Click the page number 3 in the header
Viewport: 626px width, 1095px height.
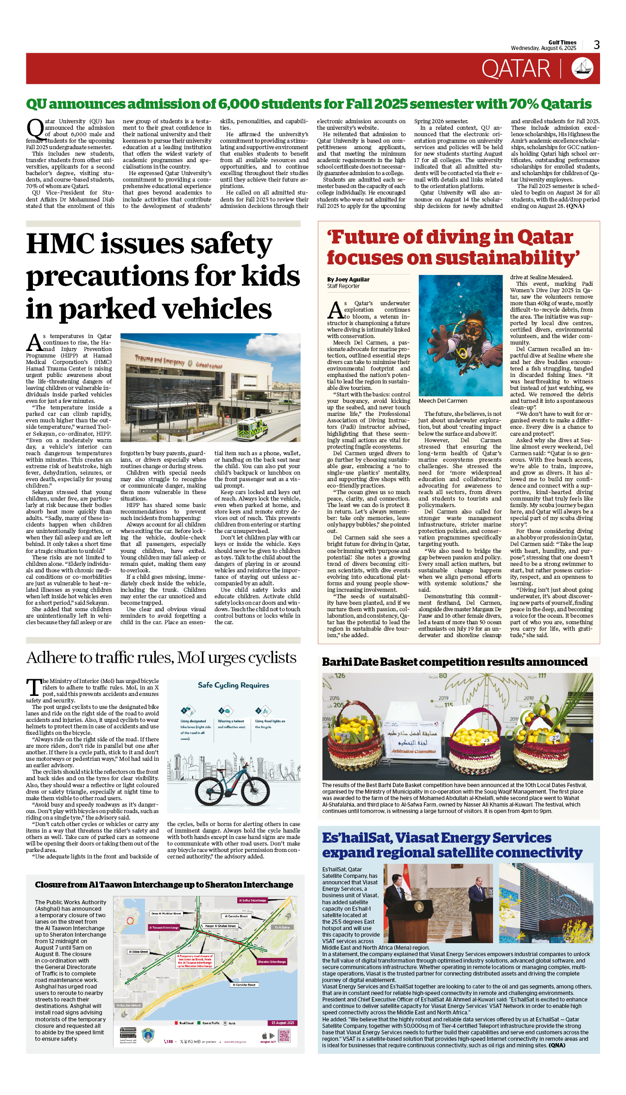tap(596, 45)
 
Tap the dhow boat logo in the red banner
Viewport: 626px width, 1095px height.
tap(582, 69)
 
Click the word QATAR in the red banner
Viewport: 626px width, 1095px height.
tap(516, 69)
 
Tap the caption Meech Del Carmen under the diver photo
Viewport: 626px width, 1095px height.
tap(443, 401)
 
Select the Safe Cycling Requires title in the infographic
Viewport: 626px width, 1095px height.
tap(234, 685)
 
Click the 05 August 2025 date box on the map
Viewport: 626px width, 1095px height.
tap(283, 1023)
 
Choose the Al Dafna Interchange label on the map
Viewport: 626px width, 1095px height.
tap(253, 901)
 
